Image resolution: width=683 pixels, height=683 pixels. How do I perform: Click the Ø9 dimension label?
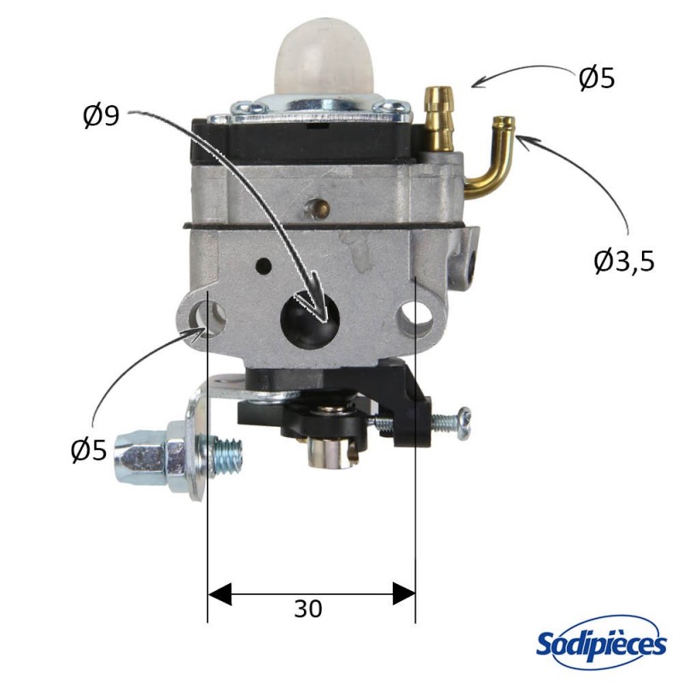[101, 116]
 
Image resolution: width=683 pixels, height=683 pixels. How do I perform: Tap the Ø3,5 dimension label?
[623, 260]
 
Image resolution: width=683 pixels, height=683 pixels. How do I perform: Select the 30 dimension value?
[308, 609]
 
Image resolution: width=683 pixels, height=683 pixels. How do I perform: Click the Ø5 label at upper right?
[596, 79]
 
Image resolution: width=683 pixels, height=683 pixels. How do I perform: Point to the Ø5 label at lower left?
[89, 449]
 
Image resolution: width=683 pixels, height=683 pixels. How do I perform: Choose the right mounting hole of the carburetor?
[419, 314]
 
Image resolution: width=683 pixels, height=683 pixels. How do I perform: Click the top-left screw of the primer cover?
[247, 108]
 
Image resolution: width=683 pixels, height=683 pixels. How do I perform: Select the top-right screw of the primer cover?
[393, 108]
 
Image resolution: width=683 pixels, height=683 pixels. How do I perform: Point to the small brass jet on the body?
[321, 206]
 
